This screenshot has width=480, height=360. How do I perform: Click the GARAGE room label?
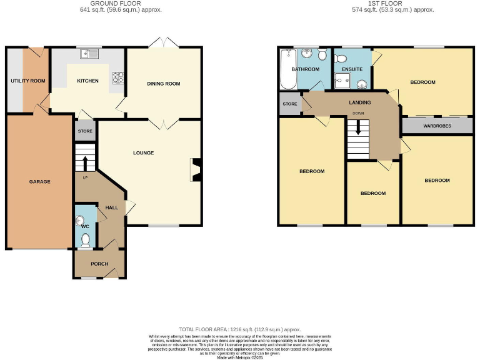coord(39,182)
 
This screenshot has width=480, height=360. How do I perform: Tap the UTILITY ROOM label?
coord(28,81)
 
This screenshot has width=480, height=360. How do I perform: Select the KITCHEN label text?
coord(87,81)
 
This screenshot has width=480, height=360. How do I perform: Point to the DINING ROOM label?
coord(164,84)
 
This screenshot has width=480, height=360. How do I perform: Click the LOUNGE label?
coord(143,152)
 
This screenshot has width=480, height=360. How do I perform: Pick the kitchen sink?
coord(90,54)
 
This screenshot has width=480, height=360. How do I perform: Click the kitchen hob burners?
coord(118,77)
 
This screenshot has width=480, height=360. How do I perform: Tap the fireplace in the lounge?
coord(196,170)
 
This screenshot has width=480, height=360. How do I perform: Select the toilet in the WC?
coord(86,239)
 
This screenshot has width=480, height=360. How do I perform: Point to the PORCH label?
coord(99,264)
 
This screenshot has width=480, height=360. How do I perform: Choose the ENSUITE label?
coord(352,69)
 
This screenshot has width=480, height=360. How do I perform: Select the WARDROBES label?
coord(437,126)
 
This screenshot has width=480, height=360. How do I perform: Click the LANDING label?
coord(360,102)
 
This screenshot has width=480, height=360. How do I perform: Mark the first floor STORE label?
coord(289,104)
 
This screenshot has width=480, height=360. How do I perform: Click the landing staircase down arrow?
coord(358,127)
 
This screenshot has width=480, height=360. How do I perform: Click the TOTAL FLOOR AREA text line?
coord(240,329)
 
